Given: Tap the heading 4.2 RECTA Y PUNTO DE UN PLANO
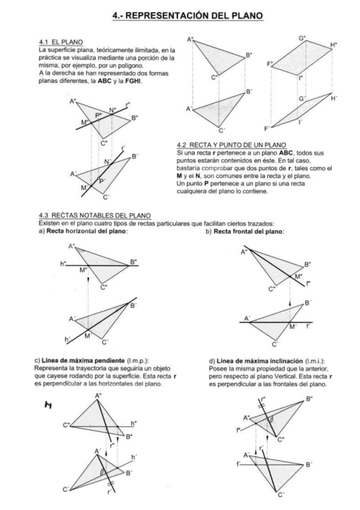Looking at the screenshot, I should pos(231,145).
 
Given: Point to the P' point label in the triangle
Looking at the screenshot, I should pos(102,181).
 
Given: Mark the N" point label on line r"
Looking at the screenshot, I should pos(112,110).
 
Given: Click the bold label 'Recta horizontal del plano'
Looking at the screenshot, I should pos(87,232).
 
